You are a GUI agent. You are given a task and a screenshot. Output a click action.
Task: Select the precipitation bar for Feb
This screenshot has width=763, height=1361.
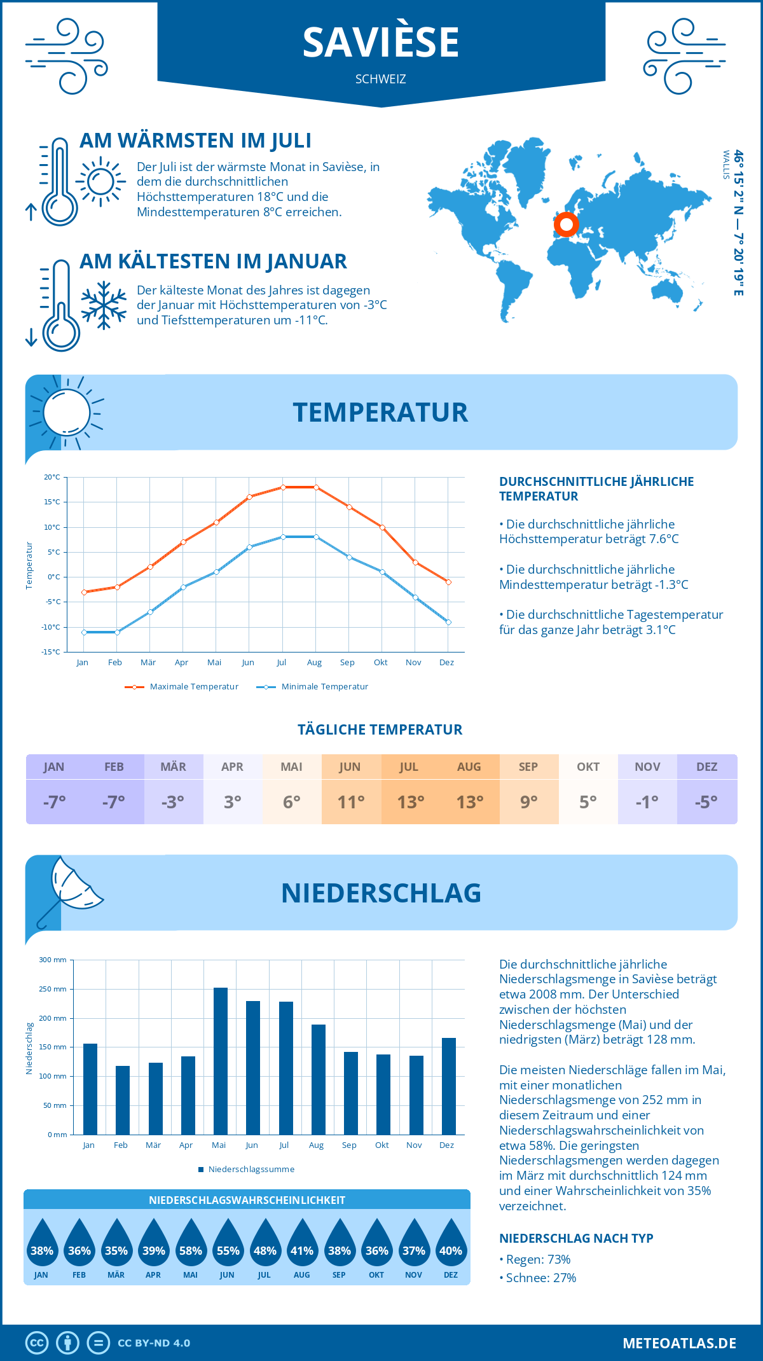[122, 1100]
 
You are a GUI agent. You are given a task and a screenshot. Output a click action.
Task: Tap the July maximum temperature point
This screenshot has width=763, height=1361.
[283, 487]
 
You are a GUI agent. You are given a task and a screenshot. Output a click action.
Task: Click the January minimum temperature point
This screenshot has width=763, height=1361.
[84, 632]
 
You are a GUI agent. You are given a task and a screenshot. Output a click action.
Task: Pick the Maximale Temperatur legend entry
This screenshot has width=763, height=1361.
[182, 687]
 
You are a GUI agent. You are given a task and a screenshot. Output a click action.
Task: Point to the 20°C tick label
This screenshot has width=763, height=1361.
[52, 477]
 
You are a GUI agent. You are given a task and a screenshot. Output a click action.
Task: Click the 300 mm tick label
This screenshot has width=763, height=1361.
[53, 960]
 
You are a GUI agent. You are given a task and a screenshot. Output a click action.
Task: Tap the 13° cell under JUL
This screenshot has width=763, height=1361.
[410, 802]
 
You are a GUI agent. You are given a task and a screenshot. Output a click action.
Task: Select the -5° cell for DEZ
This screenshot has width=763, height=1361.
[706, 802]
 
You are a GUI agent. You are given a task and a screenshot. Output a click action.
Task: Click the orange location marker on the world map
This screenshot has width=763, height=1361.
[566, 225]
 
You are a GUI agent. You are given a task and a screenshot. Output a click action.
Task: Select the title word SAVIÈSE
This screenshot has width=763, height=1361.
[381, 43]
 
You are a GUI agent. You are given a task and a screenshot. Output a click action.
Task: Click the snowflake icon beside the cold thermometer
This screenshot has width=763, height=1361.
[104, 305]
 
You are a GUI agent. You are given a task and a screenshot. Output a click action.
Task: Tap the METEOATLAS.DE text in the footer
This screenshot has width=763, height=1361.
[679, 1343]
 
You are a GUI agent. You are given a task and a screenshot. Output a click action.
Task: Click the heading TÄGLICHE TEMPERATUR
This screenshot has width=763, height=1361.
[380, 730]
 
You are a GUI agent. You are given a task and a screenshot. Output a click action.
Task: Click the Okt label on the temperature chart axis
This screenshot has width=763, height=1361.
[380, 663]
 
